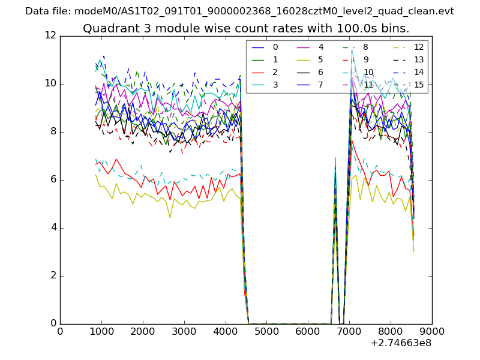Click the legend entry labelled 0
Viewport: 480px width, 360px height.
(x=275, y=47)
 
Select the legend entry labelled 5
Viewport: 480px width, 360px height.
(x=321, y=59)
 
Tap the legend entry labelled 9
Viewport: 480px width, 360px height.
(x=366, y=59)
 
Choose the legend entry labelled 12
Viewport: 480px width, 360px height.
(x=419, y=47)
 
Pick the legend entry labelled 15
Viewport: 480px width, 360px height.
(x=419, y=85)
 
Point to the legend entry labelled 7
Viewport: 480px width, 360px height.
(x=321, y=85)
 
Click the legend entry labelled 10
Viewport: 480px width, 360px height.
(x=368, y=72)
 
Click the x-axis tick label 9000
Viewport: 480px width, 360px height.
(x=431, y=331)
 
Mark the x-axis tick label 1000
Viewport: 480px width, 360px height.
(x=101, y=331)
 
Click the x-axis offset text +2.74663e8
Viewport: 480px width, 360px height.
(x=401, y=343)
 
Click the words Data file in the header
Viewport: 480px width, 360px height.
(x=47, y=11)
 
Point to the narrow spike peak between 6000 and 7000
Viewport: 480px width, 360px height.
(x=335, y=157)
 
